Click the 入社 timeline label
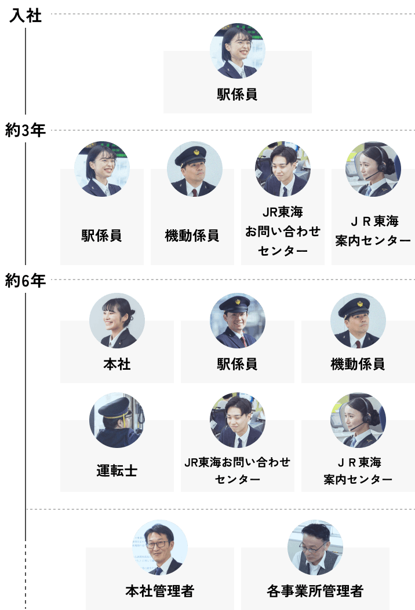coord(26,16)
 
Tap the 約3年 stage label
coord(26,131)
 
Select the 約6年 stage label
coord(26,281)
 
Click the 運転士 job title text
coord(117,470)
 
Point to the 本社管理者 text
coord(159,591)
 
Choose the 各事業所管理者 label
coord(315,591)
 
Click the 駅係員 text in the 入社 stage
coord(237,94)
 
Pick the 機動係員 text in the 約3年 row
coord(192,236)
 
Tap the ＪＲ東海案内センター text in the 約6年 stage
coord(358,471)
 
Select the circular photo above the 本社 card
coord(117,321)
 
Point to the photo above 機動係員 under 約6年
coord(358,321)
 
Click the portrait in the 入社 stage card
coord(237,51)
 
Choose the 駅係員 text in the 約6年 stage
coord(237,364)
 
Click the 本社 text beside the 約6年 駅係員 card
coord(117,364)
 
